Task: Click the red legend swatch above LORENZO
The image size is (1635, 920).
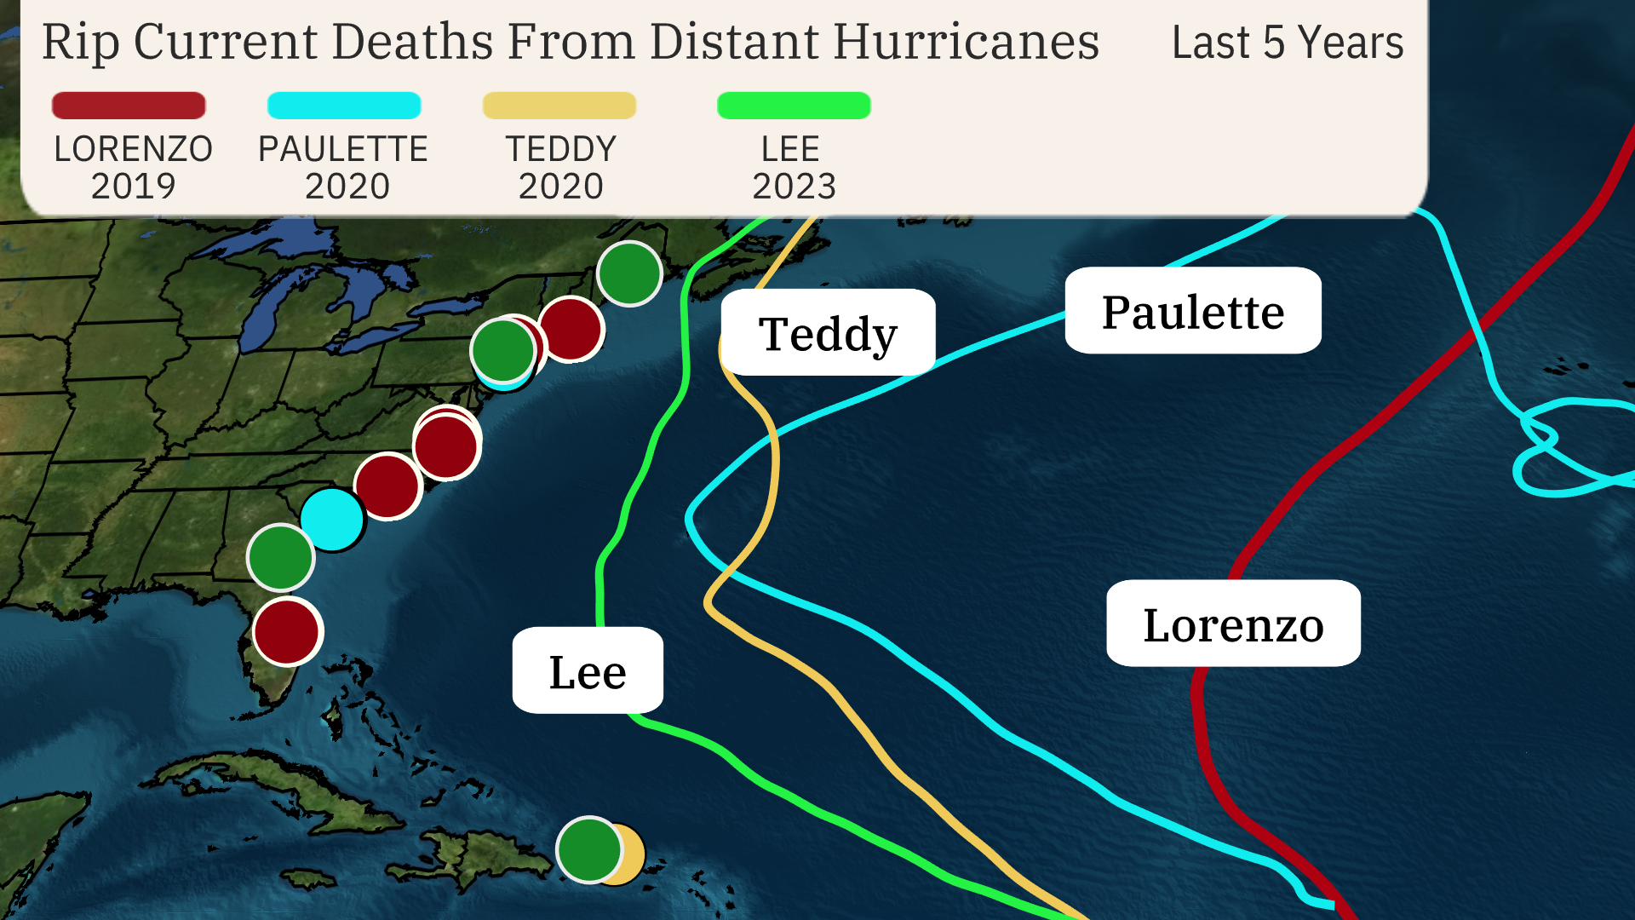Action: tap(129, 106)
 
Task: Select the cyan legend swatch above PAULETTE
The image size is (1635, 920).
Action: tap(344, 106)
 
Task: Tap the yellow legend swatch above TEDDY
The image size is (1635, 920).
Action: tap(559, 106)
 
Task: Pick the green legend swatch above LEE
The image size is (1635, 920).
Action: tap(794, 106)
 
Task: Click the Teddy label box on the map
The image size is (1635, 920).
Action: tap(828, 333)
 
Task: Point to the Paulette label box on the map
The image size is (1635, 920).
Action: tap(1192, 311)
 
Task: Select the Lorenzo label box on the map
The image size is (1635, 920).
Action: tap(1232, 624)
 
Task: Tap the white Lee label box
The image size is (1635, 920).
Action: tap(588, 671)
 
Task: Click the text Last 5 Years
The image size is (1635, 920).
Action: tap(1287, 43)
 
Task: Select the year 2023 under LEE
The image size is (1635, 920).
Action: tap(794, 186)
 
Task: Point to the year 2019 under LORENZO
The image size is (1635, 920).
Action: tap(133, 186)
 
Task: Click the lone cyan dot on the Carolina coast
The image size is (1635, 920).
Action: tap(331, 520)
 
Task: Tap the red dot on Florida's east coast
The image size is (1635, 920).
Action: tap(287, 631)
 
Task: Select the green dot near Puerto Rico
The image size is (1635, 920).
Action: tap(588, 849)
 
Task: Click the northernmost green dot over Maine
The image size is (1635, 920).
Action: tap(629, 273)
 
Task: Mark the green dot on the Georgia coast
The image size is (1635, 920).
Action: tap(280, 557)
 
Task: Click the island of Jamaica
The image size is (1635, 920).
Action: tap(309, 877)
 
